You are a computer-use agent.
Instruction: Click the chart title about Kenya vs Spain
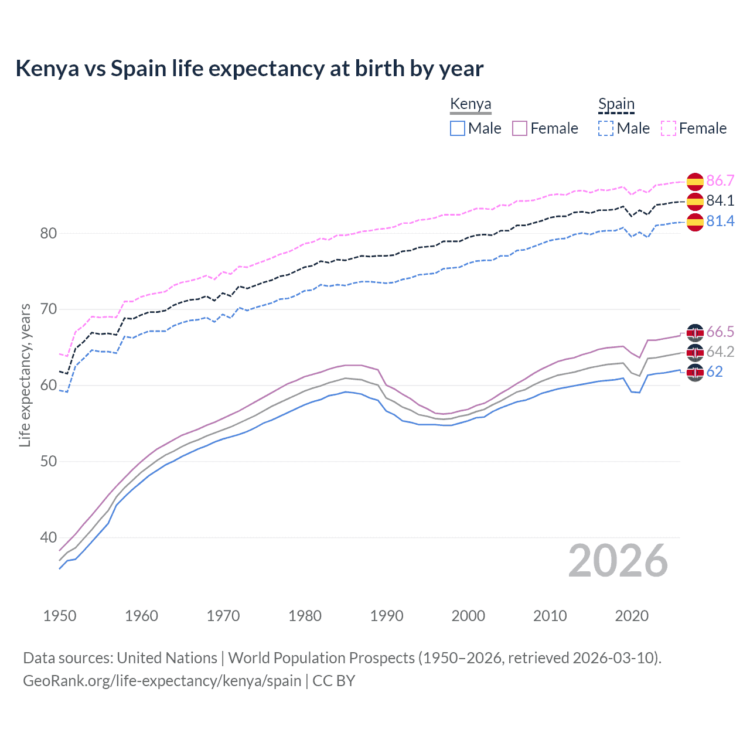click(249, 69)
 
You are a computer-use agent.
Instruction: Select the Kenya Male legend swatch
click(458, 128)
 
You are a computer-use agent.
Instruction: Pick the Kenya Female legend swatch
click(520, 128)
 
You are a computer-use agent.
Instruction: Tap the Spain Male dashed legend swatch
click(606, 128)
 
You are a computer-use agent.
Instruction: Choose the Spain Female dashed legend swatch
click(669, 128)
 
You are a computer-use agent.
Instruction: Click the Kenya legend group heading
click(471, 104)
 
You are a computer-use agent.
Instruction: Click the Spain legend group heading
click(616, 104)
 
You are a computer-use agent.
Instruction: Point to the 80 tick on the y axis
click(49, 233)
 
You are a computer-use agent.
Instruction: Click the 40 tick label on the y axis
click(49, 537)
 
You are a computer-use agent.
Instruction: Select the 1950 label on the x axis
click(60, 616)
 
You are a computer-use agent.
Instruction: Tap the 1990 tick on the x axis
click(387, 616)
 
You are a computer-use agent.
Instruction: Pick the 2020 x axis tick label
click(632, 616)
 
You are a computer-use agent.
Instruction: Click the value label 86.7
click(720, 180)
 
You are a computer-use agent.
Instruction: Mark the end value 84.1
click(720, 200)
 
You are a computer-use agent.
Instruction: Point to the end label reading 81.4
click(720, 221)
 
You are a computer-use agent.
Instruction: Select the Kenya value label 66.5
click(720, 332)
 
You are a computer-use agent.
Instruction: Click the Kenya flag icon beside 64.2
click(695, 353)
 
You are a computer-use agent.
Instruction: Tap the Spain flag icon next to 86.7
click(695, 182)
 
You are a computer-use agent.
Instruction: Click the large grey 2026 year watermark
click(618, 561)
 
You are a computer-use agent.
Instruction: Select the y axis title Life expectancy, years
click(25, 375)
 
